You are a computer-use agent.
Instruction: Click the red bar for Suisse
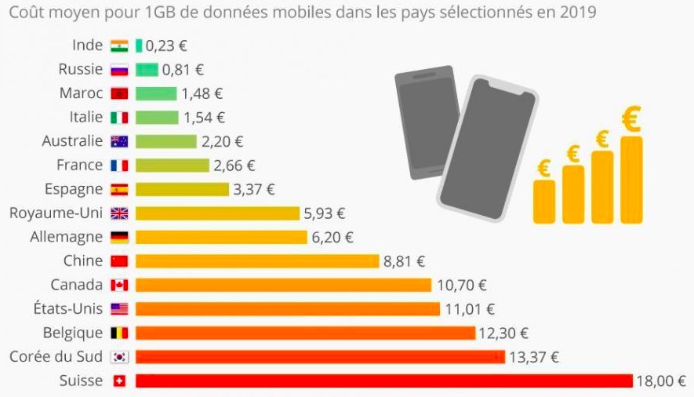(x=383, y=381)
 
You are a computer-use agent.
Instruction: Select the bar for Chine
(x=257, y=261)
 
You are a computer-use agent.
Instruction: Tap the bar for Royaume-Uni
(x=217, y=213)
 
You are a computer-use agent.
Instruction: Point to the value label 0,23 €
(x=165, y=46)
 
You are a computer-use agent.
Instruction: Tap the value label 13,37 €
(x=534, y=357)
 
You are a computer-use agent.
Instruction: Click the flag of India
(x=119, y=46)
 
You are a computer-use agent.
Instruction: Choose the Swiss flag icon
(x=119, y=381)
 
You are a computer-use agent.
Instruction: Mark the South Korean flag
(x=119, y=357)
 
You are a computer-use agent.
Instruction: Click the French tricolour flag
(x=119, y=166)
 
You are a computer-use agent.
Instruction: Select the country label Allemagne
(x=66, y=237)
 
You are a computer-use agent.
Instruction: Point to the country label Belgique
(x=72, y=333)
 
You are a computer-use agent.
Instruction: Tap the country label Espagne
(x=73, y=189)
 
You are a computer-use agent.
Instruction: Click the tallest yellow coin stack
(x=631, y=179)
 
